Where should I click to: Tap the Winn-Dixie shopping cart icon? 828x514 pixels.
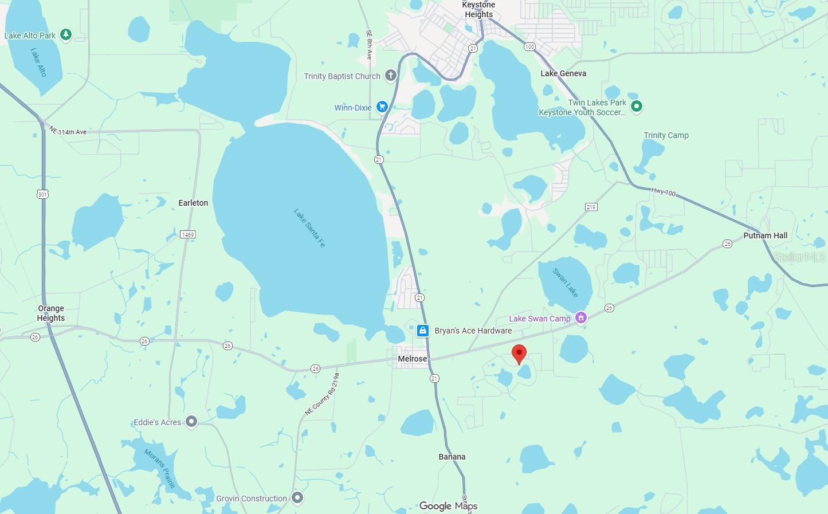(x=382, y=107)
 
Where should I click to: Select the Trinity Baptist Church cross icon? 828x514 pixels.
(x=390, y=76)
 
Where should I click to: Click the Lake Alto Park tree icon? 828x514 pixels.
(x=66, y=35)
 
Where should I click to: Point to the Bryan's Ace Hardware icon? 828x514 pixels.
(x=423, y=331)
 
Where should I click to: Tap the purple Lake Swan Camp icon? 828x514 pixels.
(x=581, y=318)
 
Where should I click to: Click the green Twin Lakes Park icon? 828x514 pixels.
(x=636, y=106)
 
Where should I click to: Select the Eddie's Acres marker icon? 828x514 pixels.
(x=191, y=422)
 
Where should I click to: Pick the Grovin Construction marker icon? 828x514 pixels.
(x=297, y=497)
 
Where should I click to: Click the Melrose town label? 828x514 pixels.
(x=413, y=359)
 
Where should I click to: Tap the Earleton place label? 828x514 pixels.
(x=193, y=203)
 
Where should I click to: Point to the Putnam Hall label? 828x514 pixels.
(x=765, y=236)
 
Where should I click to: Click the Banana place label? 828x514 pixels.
(x=452, y=457)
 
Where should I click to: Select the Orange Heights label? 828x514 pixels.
(x=51, y=313)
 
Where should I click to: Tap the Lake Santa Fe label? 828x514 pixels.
(x=309, y=228)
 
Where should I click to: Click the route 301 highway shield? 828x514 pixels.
(x=42, y=194)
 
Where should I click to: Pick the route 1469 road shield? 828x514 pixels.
(x=187, y=234)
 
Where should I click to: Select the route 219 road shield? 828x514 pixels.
(x=591, y=207)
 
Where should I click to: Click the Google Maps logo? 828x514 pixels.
(x=448, y=505)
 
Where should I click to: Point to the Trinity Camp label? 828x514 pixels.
(x=666, y=135)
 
